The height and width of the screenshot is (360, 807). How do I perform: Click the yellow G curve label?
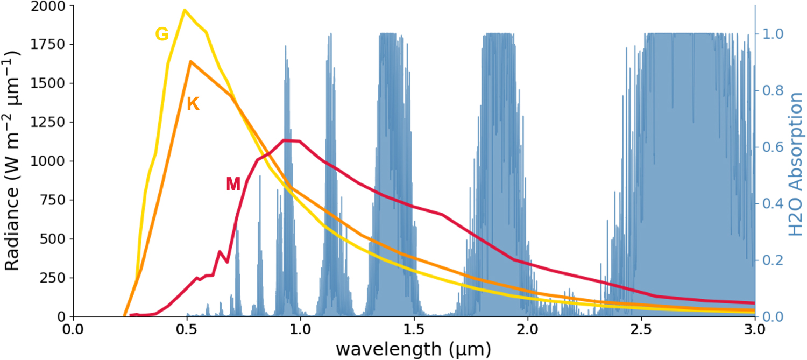[162, 34]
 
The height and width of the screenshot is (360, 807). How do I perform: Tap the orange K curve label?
[193, 104]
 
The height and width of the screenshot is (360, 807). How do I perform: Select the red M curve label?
[233, 185]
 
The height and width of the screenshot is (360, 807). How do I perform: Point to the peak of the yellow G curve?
[185, 10]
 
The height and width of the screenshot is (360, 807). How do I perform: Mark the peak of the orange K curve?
[190, 61]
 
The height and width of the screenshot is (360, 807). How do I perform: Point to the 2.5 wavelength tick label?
[641, 328]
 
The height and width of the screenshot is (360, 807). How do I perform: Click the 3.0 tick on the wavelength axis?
[754, 328]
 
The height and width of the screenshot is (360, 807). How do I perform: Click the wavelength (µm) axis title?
[413, 349]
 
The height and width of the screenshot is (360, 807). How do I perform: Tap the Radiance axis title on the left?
[13, 161]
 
